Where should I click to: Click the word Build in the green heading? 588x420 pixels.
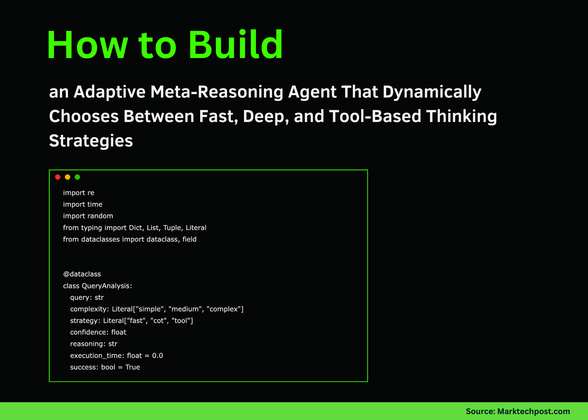tap(236, 45)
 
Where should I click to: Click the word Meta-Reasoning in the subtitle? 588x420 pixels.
tap(217, 92)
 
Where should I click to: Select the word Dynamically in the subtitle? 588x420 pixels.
tap(432, 92)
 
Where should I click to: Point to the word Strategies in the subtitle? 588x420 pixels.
tap(91, 141)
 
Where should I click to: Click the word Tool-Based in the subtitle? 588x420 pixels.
tap(375, 116)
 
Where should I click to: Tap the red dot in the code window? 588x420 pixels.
tap(58, 177)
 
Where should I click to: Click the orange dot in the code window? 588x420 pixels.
tap(67, 177)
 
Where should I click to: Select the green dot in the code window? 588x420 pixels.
tap(77, 177)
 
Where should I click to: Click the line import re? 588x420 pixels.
tap(78, 193)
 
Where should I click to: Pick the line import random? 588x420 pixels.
tap(88, 216)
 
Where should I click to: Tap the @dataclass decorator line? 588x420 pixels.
tap(82, 274)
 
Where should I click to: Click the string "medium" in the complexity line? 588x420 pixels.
tap(185, 309)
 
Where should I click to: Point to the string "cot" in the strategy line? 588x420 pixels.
tap(159, 321)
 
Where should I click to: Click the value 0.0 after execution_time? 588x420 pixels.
tap(157, 356)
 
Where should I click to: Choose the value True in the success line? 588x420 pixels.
tap(132, 367)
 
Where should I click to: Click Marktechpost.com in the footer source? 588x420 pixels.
tap(533, 411)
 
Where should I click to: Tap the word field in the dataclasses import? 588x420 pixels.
tap(189, 239)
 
